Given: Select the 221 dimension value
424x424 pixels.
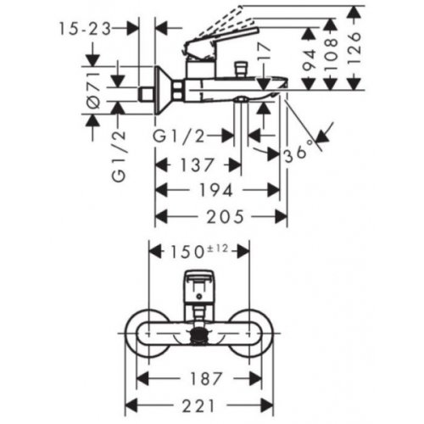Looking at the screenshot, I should pyautogui.click(x=201, y=404).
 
